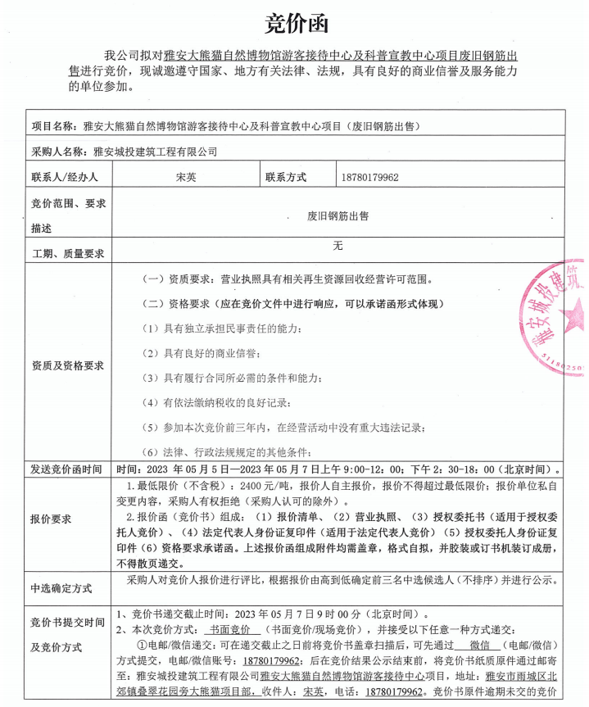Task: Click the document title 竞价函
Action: click(294, 24)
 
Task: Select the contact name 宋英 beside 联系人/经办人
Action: click(186, 176)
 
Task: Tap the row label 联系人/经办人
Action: click(65, 176)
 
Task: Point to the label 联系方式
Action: click(285, 176)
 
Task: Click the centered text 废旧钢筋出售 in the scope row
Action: click(338, 215)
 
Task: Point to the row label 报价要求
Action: click(51, 519)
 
